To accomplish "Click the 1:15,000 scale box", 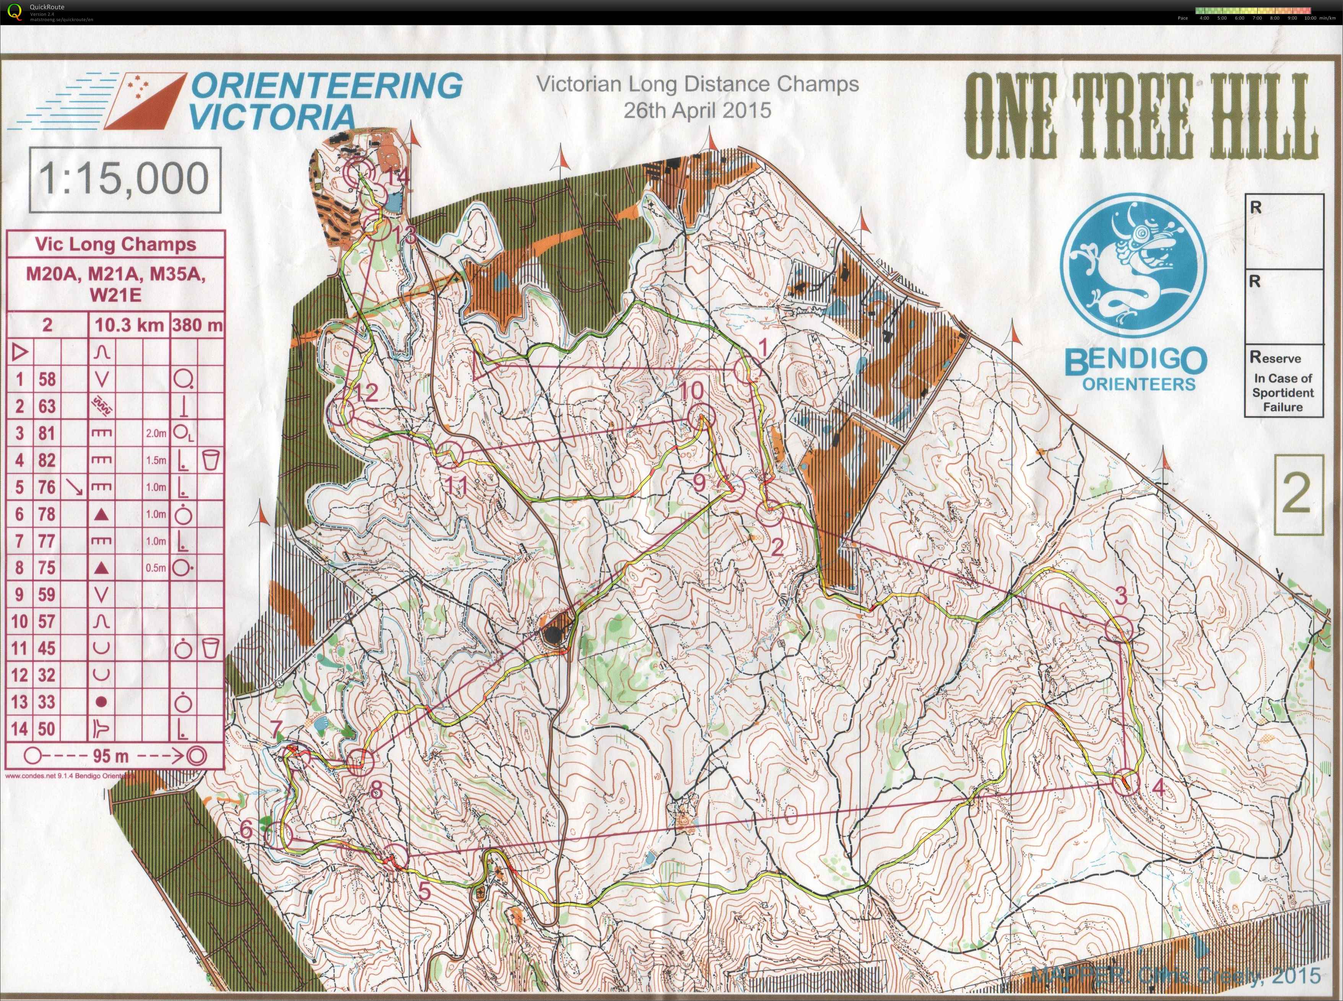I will [x=125, y=179].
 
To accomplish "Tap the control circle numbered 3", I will [x=1118, y=628].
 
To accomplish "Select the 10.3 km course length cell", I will [x=129, y=326].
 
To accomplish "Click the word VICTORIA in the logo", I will [x=272, y=116].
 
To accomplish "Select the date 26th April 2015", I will [x=697, y=110].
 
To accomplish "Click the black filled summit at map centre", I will [x=552, y=635].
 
